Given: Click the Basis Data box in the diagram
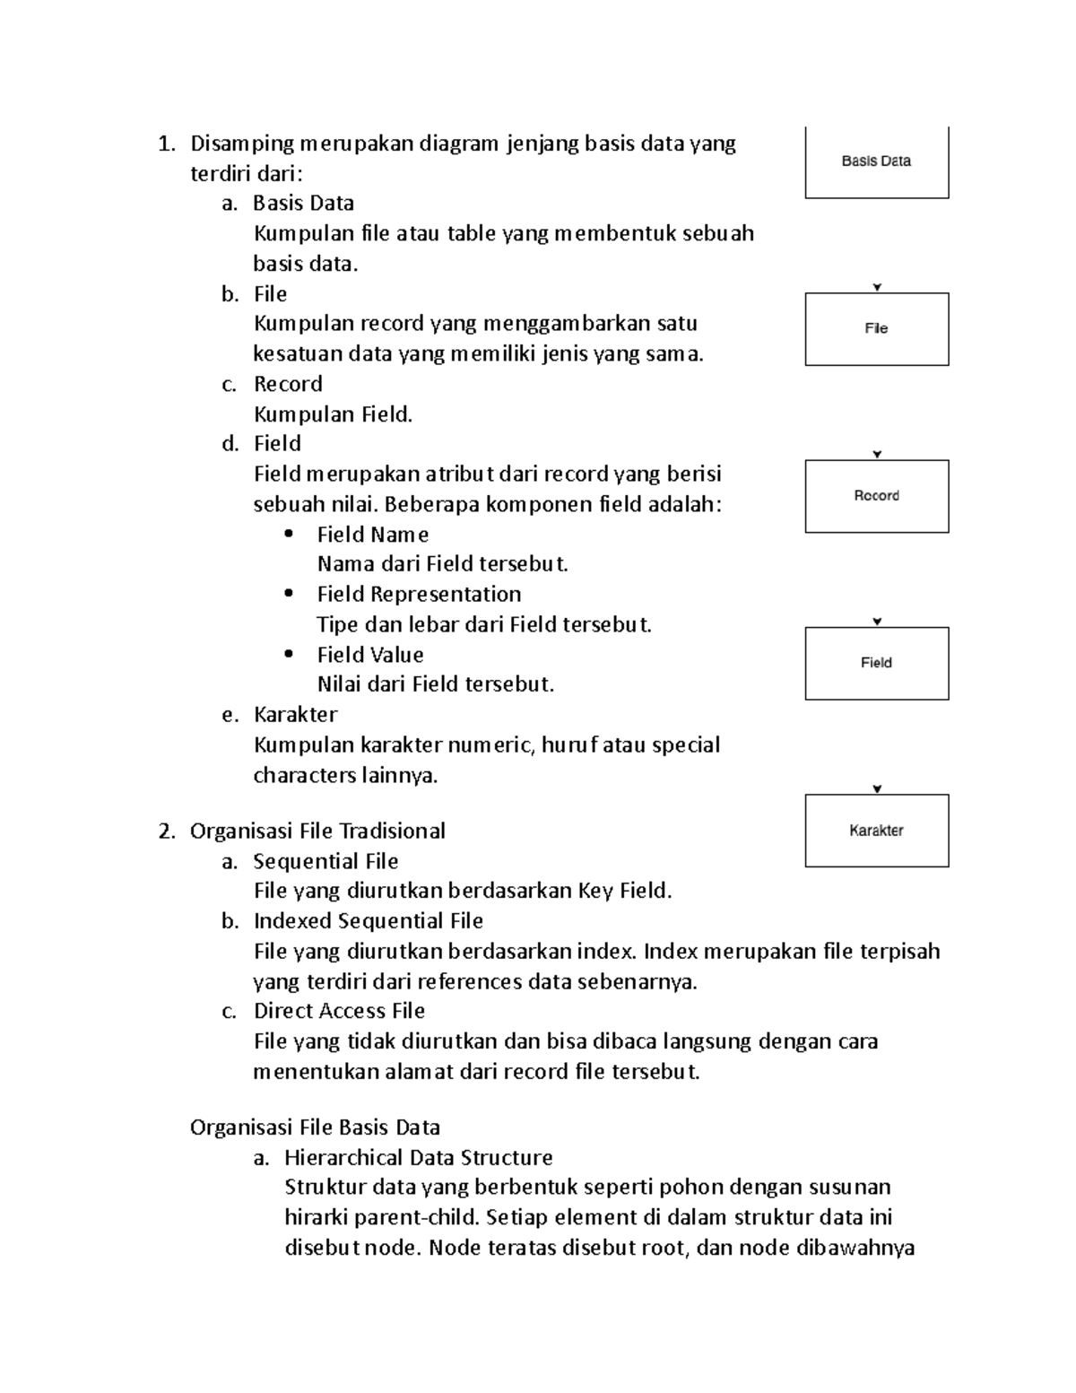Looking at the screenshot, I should click(x=876, y=162).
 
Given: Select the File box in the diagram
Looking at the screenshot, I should click(x=876, y=329).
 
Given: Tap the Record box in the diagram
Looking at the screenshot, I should click(x=876, y=496).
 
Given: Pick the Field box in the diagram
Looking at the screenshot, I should click(x=876, y=663).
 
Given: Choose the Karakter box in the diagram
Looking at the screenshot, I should click(x=876, y=831).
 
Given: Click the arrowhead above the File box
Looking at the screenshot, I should click(x=877, y=288).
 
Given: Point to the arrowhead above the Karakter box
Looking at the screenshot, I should click(x=877, y=789).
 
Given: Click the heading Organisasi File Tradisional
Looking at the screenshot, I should click(x=317, y=831).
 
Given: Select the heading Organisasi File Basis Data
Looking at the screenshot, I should click(x=315, y=1127).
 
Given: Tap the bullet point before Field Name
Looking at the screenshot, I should click(x=288, y=534).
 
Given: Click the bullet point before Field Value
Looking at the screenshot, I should click(x=288, y=654).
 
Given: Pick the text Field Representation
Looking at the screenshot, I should click(x=419, y=594).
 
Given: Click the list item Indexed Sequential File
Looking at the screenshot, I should click(x=368, y=921).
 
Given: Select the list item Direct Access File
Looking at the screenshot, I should click(x=339, y=1011).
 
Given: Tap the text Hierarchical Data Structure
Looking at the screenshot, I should click(x=418, y=1157).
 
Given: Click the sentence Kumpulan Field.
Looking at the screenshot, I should click(x=333, y=414).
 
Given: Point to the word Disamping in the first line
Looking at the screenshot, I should click(x=242, y=144).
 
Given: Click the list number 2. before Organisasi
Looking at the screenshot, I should click(x=166, y=831).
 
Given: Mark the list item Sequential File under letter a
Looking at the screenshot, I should click(x=325, y=861).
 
